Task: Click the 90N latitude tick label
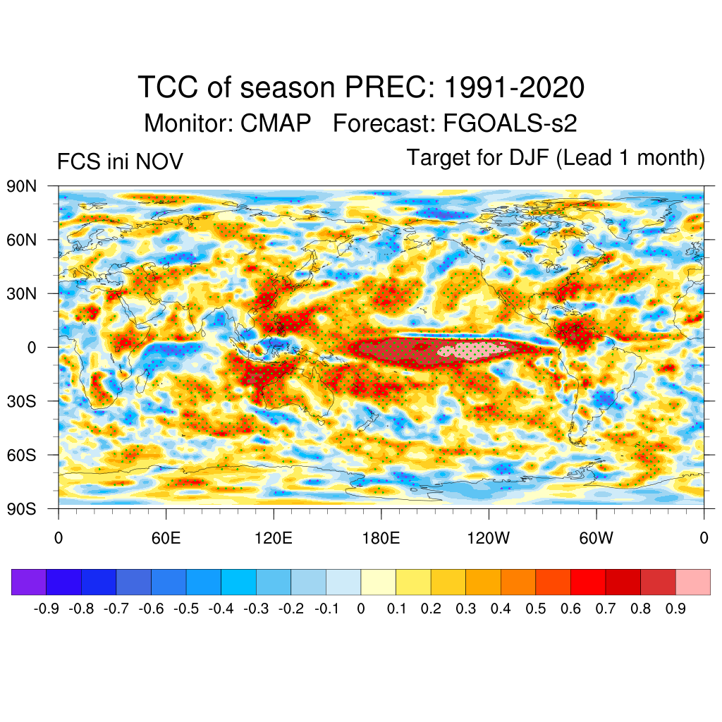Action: click(22, 186)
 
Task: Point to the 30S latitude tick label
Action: click(22, 401)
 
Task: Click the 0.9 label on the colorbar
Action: click(675, 608)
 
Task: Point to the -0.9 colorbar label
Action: click(46, 608)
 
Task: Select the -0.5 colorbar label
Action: click(185, 608)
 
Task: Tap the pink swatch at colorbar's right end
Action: click(692, 582)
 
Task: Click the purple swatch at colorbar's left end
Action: click(29, 582)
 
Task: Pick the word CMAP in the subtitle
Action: click(276, 123)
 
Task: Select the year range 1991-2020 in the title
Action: click(515, 88)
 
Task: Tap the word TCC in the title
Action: click(169, 88)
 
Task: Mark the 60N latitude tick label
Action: click(22, 240)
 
